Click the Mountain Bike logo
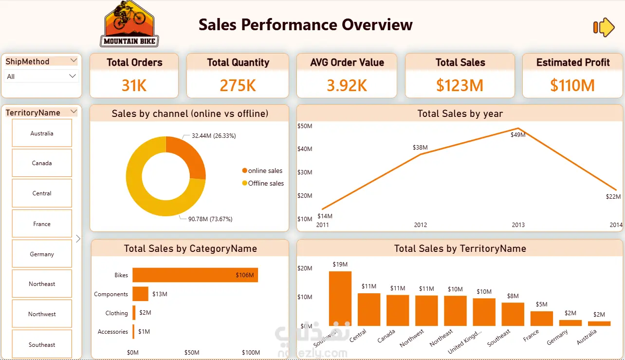point(129,24)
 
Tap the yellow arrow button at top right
point(604,27)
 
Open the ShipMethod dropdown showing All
point(41,76)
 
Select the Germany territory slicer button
point(42,254)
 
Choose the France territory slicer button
point(42,224)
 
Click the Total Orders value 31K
point(134,86)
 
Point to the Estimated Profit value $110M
point(572,86)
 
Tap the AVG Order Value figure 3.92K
point(347,86)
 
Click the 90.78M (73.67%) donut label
point(210,219)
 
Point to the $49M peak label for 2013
point(518,135)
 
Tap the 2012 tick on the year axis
point(421,225)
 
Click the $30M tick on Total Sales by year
point(304,172)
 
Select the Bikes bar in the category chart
point(195,275)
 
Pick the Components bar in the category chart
point(140,294)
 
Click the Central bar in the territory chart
point(369,309)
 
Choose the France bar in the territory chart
point(542,319)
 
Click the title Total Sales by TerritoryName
point(460,248)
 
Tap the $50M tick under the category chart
point(192,353)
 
